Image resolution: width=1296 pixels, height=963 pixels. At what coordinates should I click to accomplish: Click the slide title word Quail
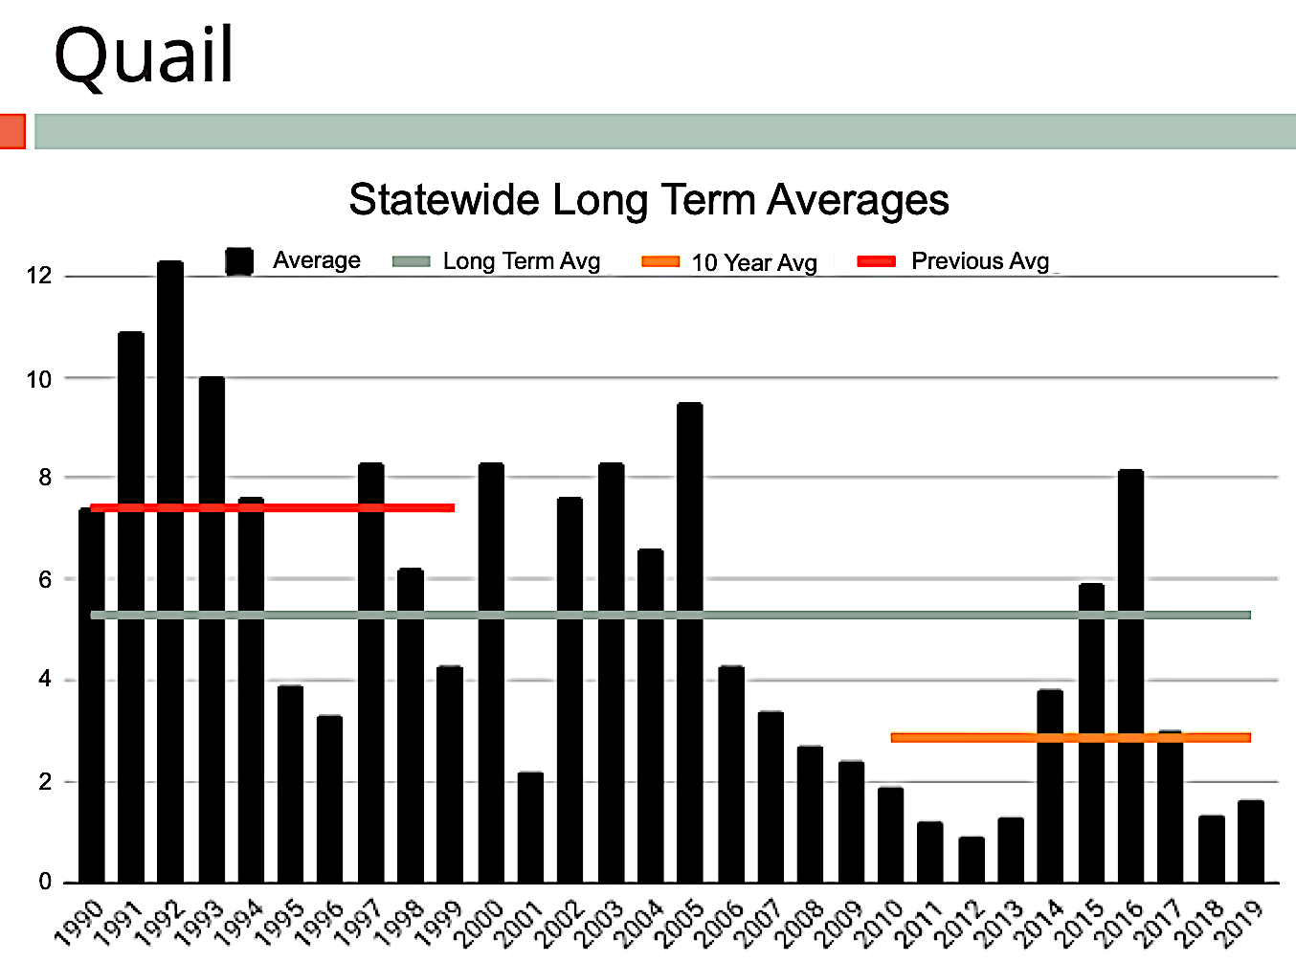pos(144,56)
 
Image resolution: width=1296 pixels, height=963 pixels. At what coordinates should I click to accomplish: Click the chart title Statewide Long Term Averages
pos(648,200)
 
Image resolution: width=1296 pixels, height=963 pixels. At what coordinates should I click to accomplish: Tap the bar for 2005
pos(689,641)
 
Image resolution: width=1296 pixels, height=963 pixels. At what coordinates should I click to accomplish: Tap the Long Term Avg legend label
pos(521,261)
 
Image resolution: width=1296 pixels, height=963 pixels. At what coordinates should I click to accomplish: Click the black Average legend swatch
pos(239,261)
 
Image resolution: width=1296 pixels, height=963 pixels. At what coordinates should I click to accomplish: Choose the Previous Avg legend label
pos(979,261)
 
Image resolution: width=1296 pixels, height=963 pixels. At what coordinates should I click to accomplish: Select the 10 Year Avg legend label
pos(753,262)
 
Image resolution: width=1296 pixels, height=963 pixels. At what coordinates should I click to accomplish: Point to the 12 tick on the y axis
pos(39,276)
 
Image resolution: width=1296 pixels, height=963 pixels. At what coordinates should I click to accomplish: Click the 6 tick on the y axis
pos(45,579)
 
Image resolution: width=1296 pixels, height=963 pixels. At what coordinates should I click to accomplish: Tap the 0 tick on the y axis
pos(45,882)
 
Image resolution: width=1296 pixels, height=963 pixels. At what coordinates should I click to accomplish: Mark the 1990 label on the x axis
pos(79,925)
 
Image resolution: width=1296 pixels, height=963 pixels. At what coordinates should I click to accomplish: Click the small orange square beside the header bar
pos(11,131)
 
